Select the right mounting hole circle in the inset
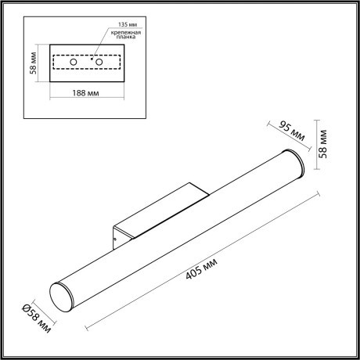pyautogui.click(x=99, y=60)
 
